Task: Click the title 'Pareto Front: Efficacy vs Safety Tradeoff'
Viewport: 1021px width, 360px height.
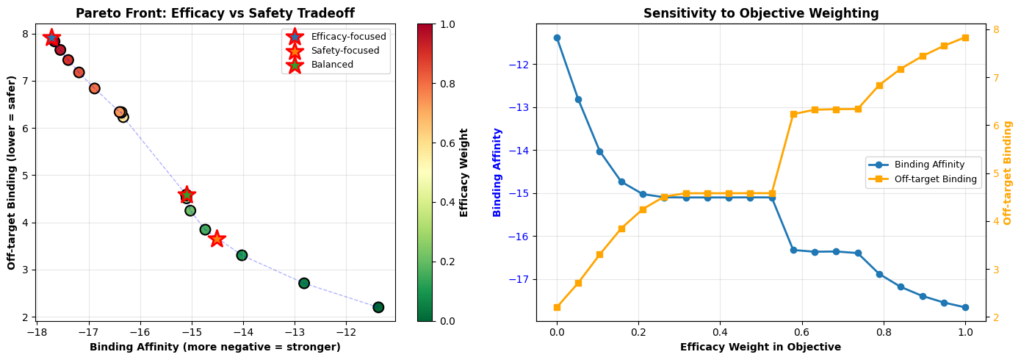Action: pyautogui.click(x=215, y=13)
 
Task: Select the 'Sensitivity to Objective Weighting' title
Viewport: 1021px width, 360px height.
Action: pyautogui.click(x=761, y=13)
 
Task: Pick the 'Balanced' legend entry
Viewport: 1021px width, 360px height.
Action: pyautogui.click(x=332, y=65)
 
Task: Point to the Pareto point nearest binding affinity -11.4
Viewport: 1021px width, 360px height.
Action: pyautogui.click(x=378, y=307)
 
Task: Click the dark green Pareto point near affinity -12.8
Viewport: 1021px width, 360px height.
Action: pyautogui.click(x=304, y=283)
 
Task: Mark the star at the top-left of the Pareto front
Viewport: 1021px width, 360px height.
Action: pyautogui.click(x=51, y=37)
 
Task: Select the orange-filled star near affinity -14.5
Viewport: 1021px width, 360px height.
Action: pyautogui.click(x=217, y=239)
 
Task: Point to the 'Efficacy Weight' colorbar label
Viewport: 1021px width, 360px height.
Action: pyautogui.click(x=464, y=172)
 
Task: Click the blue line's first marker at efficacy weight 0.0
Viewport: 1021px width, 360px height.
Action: pyautogui.click(x=557, y=37)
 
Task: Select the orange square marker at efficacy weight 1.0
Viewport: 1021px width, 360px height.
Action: pyautogui.click(x=965, y=37)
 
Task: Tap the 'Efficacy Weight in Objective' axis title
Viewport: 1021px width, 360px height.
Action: pyautogui.click(x=760, y=347)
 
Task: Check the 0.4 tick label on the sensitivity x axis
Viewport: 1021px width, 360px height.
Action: pyautogui.click(x=720, y=332)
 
